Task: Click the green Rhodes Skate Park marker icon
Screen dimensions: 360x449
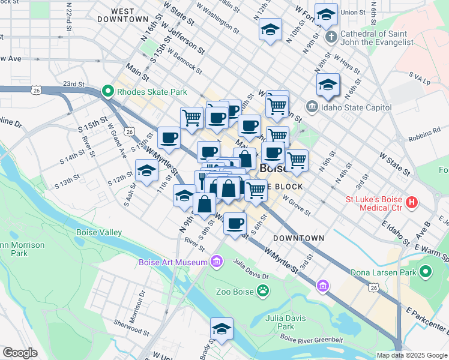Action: coord(109,92)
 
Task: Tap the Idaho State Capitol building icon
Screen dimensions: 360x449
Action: coord(312,107)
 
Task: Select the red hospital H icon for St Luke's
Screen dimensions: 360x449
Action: coord(411,203)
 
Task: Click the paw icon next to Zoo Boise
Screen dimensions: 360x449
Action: coord(263,292)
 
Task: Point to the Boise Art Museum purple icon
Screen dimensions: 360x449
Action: coord(216,262)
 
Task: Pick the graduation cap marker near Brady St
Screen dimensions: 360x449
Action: coord(221,329)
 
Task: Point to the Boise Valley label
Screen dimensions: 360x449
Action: coord(99,232)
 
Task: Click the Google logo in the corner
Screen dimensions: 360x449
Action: coord(20,353)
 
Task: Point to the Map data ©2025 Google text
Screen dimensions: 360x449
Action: coord(412,355)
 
